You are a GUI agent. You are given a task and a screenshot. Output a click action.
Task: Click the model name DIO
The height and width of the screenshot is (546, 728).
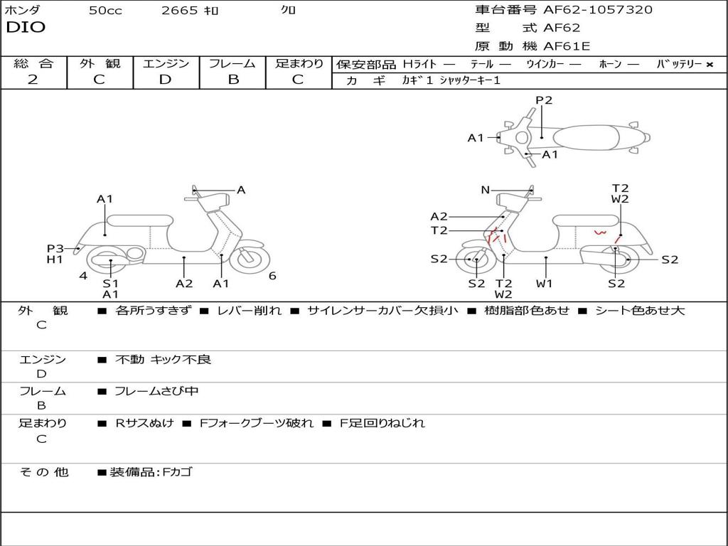point(26,28)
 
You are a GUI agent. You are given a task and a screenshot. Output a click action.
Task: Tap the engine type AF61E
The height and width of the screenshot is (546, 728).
point(567,47)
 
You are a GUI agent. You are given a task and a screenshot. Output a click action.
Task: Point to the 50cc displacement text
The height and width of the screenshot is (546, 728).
point(105,11)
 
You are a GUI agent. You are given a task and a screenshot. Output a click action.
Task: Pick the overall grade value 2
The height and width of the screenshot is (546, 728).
point(33,80)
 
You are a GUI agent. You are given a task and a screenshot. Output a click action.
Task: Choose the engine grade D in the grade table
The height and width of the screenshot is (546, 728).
point(166,80)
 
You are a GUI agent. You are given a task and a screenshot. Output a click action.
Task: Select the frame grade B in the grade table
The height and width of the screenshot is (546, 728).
point(232,80)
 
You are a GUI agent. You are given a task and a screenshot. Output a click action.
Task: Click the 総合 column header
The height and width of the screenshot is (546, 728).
point(33,63)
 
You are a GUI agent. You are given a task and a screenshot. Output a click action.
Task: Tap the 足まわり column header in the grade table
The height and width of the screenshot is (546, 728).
point(299,63)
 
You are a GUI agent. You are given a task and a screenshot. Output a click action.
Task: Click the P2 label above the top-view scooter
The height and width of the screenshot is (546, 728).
point(544,100)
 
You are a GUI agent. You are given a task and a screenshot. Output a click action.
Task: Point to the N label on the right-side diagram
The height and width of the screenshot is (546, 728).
point(486,190)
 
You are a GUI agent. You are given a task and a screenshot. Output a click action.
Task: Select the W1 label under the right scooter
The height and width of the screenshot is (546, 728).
point(545,284)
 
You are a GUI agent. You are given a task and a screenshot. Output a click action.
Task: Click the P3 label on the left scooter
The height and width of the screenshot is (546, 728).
point(55,248)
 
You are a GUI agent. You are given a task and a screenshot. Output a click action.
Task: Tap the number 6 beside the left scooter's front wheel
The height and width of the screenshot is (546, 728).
point(272,276)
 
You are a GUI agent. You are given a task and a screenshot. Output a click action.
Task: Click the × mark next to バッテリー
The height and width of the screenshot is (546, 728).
point(709,64)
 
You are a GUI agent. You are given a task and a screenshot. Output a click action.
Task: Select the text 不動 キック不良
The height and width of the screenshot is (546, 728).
point(164,360)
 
